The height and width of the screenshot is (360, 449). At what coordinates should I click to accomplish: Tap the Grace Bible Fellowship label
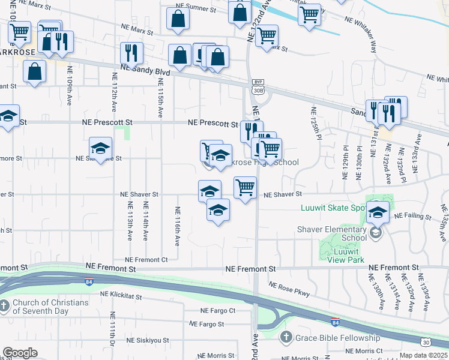337,338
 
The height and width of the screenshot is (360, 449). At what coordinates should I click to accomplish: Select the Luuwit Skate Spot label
333,208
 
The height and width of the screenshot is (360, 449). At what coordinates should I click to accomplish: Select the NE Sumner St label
195,10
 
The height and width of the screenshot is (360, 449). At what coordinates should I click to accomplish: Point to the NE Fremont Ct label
148,260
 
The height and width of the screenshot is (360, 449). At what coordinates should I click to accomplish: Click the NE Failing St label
411,216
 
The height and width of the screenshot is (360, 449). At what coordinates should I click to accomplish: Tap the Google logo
20,353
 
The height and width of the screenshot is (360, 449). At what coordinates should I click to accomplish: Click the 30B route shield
258,91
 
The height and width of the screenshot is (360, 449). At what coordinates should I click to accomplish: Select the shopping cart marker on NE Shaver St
245,188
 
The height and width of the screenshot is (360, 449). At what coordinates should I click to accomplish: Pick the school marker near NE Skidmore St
101,148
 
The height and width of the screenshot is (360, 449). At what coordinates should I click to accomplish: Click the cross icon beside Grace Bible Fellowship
286,337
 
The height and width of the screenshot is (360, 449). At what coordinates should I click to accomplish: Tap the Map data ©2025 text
423,355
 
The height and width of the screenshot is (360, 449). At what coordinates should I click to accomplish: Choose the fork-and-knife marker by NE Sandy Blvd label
131,53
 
